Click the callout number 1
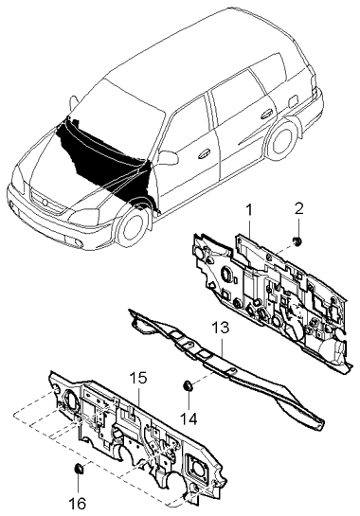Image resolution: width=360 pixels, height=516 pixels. click(x=248, y=209)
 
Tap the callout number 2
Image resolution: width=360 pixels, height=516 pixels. click(x=298, y=209)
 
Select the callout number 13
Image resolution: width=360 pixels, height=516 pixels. click(x=220, y=329)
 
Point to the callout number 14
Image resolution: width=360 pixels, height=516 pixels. click(x=189, y=418)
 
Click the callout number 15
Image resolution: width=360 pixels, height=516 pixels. click(x=138, y=379)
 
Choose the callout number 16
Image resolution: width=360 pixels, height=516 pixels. click(x=78, y=504)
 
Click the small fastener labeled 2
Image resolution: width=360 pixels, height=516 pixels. click(x=297, y=241)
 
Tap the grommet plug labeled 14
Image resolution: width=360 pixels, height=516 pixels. click(x=188, y=385)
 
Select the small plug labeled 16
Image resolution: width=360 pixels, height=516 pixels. click(x=79, y=469)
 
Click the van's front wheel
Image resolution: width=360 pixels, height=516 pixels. click(x=131, y=228)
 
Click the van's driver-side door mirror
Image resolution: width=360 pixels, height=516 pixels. click(x=168, y=157)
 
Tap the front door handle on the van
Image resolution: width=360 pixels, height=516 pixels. click(x=205, y=153)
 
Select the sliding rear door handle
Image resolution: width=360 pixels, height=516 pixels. click(x=266, y=115)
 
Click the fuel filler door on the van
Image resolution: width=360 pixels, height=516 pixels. click(x=293, y=101)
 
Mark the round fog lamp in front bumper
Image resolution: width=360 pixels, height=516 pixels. click(x=79, y=243)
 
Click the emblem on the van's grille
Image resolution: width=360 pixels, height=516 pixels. click(x=45, y=201)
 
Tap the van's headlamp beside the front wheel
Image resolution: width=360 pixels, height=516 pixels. click(x=83, y=218)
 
